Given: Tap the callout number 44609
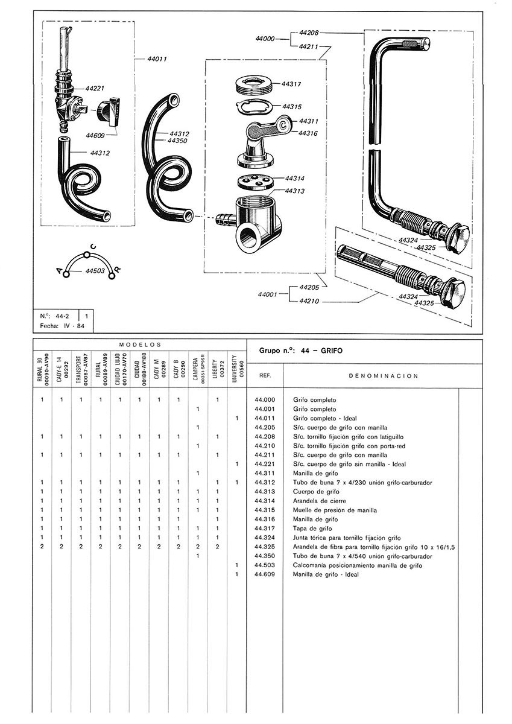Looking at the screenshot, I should (x=96, y=135).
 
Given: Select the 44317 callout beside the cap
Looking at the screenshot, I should (x=292, y=84).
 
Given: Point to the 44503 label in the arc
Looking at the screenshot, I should (x=95, y=271).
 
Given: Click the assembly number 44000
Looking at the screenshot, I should (x=265, y=38).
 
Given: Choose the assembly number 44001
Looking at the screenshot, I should (x=267, y=294).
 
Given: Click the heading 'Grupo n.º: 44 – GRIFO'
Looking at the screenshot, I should (x=300, y=350).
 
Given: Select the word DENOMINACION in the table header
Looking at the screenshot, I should (x=375, y=375).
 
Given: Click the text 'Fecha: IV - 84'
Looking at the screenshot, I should (x=62, y=326).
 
